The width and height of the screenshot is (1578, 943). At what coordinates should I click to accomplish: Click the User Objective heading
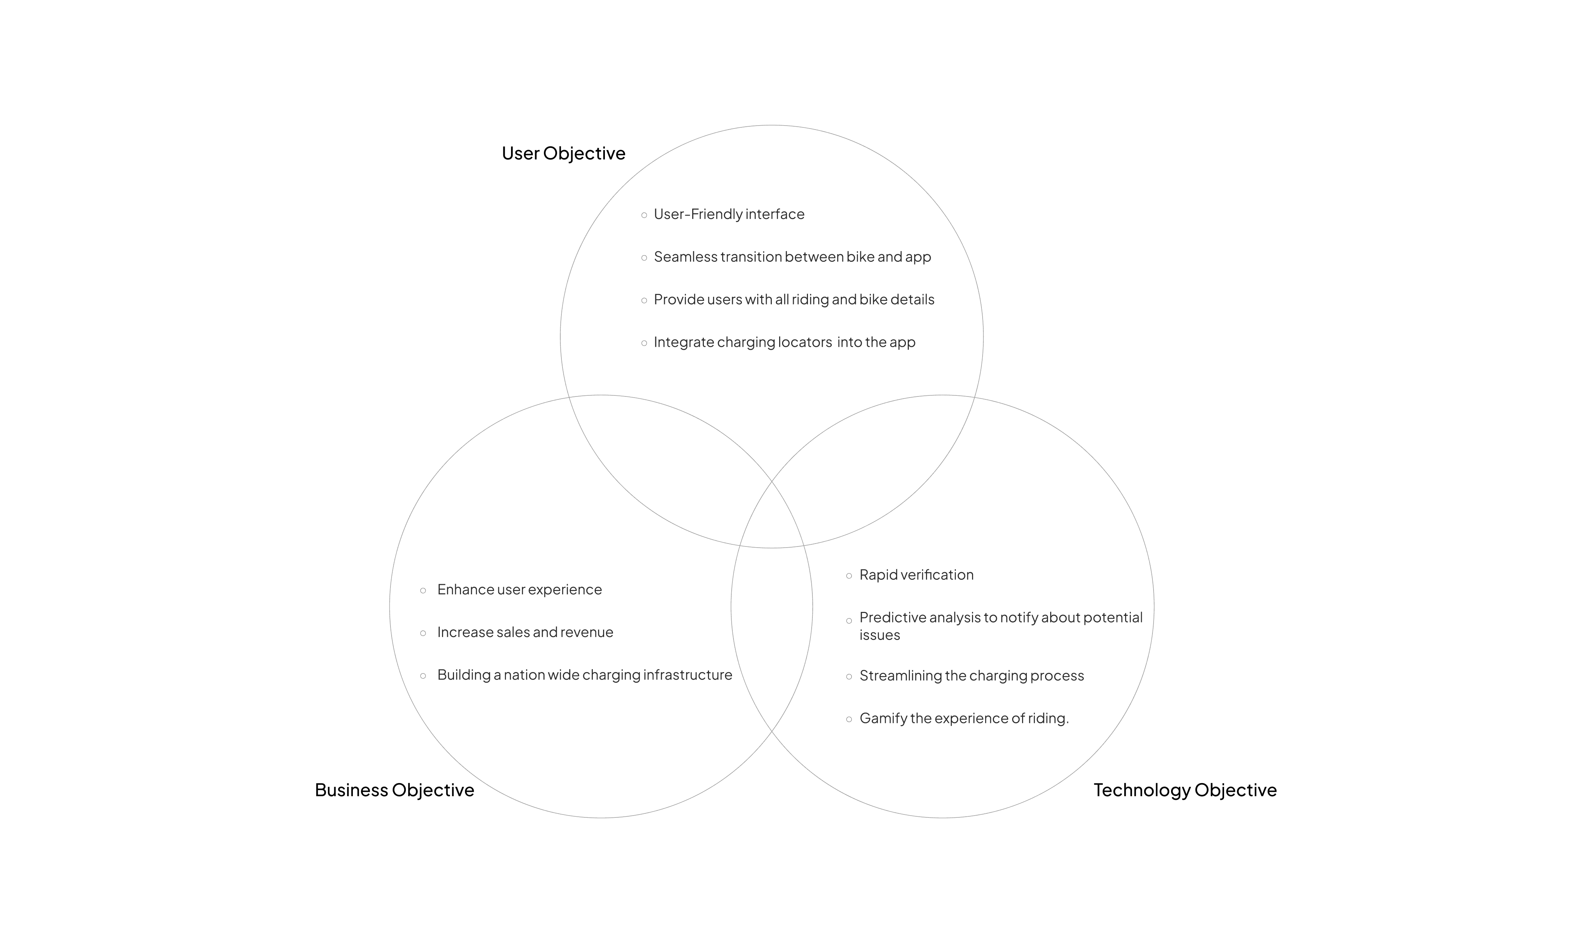point(563,153)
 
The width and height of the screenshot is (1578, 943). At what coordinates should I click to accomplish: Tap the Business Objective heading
point(394,790)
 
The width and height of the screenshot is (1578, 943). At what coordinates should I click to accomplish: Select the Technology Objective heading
point(1185,790)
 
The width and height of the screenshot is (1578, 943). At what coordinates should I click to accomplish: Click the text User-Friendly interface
point(729,214)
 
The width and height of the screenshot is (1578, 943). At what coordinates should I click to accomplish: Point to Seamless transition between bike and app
point(792,257)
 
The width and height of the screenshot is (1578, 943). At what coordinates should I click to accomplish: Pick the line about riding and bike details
point(794,299)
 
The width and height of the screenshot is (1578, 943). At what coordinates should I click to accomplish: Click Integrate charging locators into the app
point(785,342)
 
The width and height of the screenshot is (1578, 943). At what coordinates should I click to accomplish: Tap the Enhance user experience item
point(519,590)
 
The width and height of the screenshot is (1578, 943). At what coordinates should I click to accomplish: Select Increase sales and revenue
point(525,632)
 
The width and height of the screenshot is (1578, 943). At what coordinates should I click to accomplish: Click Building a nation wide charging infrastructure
point(584,675)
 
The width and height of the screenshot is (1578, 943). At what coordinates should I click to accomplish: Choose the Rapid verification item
point(916,575)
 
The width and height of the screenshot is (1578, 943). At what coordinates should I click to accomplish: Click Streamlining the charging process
point(972,675)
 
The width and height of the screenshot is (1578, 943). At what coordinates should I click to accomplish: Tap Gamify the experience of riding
point(964,718)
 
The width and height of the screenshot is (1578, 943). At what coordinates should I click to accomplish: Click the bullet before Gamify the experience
point(849,719)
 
